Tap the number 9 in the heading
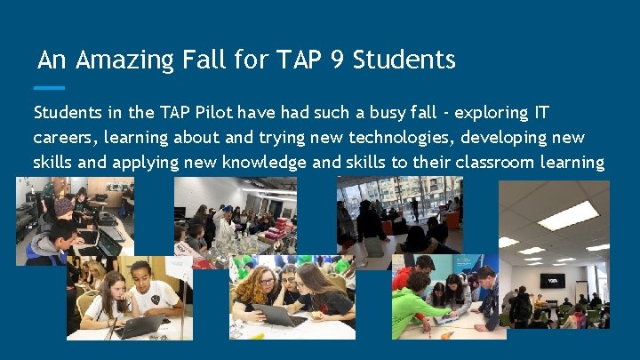click(335, 60)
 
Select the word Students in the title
click(404, 60)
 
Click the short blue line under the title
click(49, 88)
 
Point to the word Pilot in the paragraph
click(215, 114)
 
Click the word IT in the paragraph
click(540, 114)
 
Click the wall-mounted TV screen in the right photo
click(552, 280)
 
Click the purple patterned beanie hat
click(63, 207)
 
